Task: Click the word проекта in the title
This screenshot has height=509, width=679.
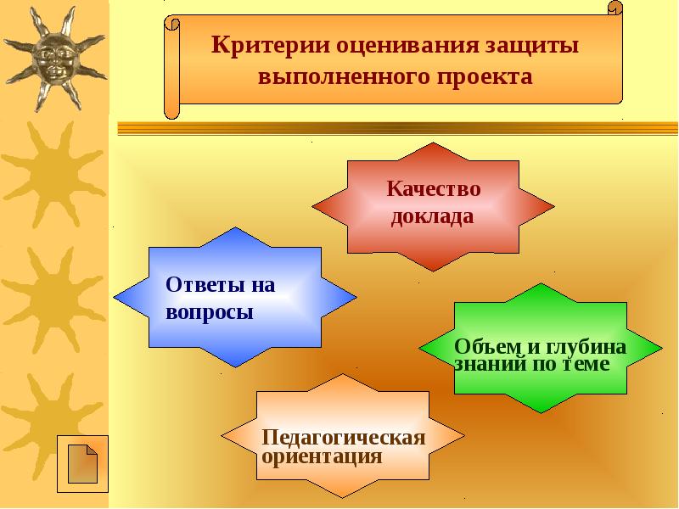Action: click(x=485, y=78)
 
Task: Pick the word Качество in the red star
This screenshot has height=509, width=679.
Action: click(x=434, y=188)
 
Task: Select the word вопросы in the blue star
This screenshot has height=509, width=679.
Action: click(x=210, y=311)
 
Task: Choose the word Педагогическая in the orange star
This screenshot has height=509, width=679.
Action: click(x=343, y=438)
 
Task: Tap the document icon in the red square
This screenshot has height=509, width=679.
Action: click(x=81, y=464)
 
